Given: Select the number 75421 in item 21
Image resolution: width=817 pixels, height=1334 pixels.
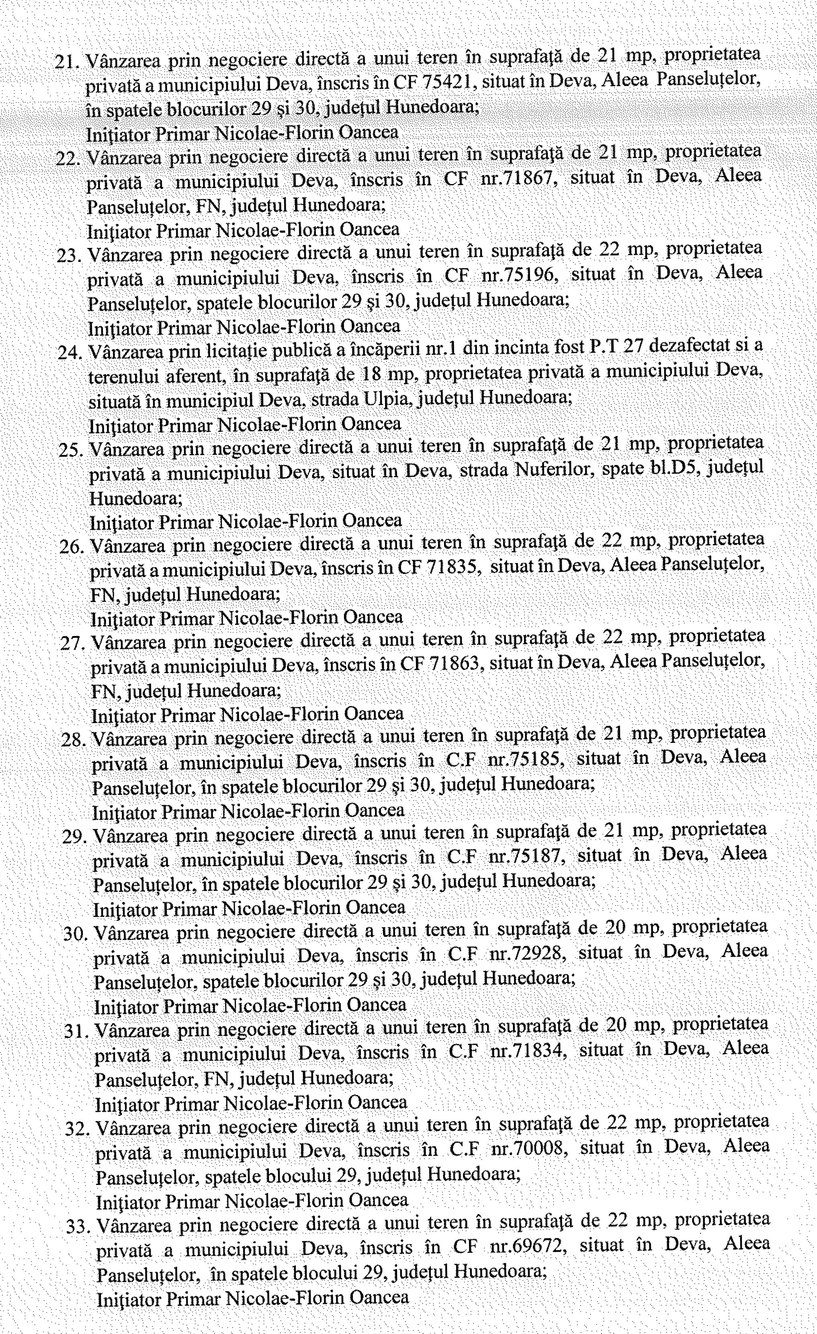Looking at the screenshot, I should [x=449, y=81].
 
